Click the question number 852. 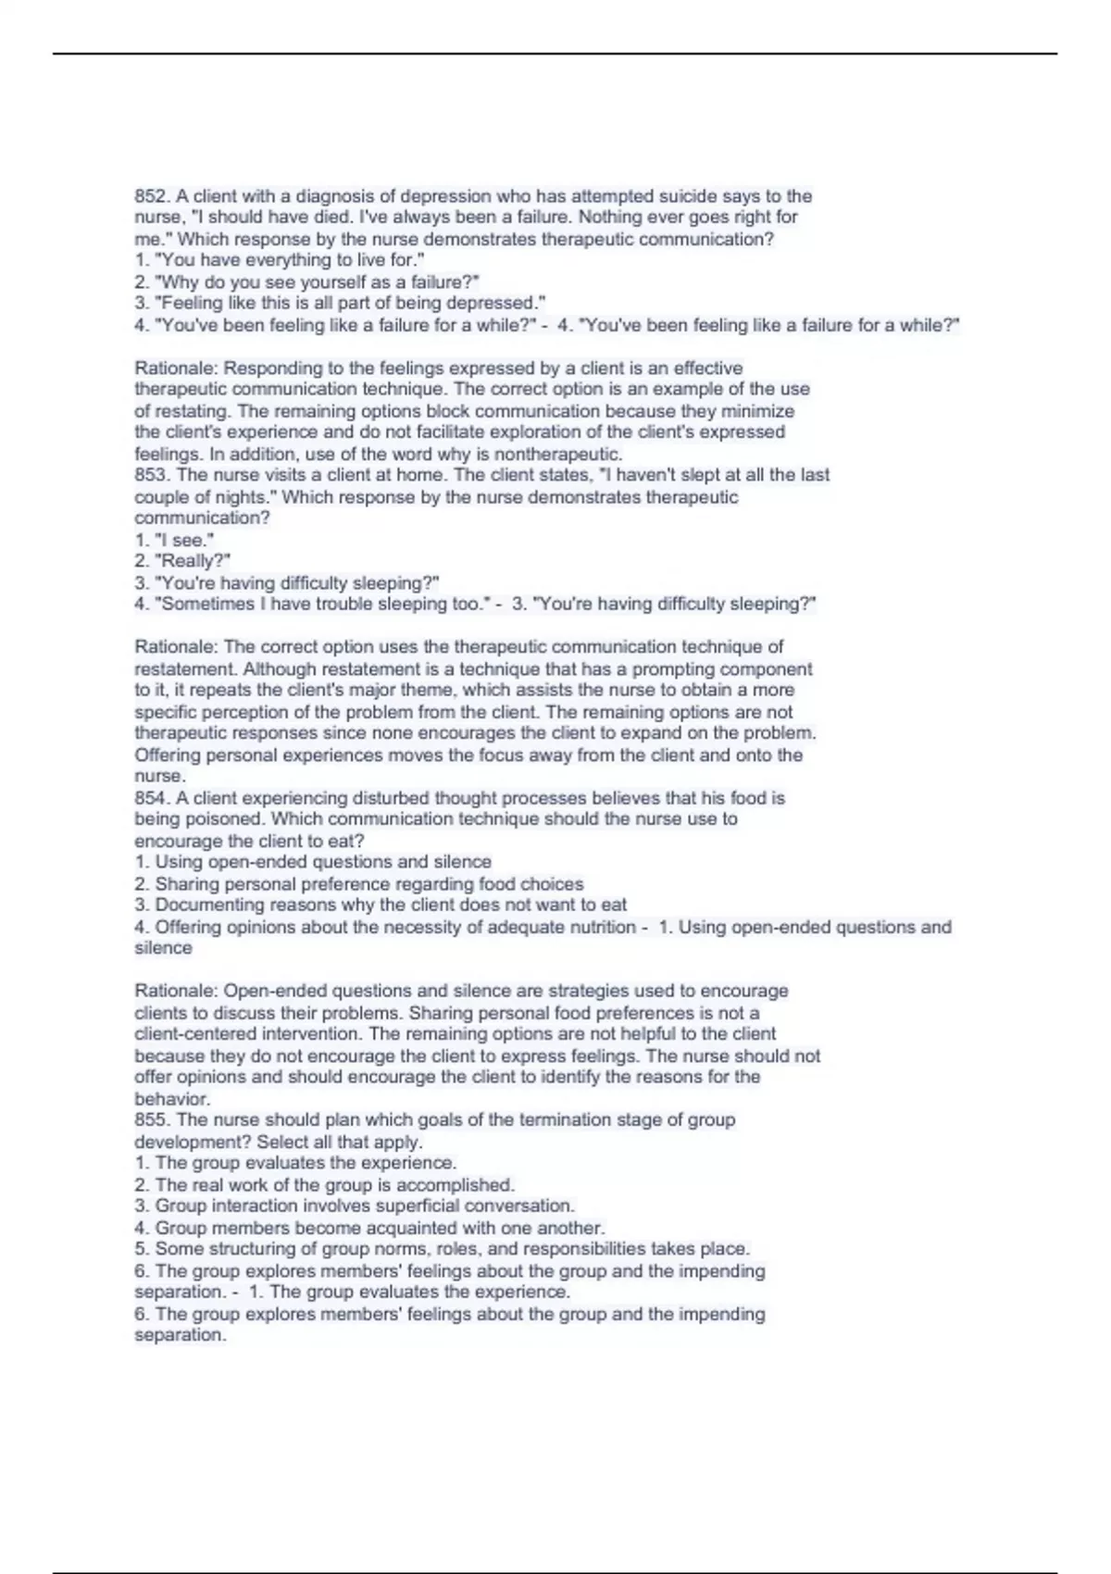(152, 196)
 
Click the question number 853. (152, 475)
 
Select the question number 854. (152, 797)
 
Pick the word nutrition (598, 927)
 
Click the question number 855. (152, 1119)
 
